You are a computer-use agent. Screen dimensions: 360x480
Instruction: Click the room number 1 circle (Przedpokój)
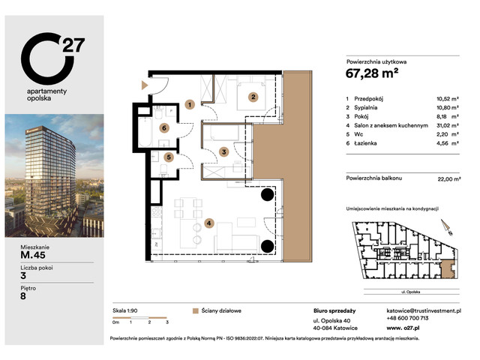pos(191,105)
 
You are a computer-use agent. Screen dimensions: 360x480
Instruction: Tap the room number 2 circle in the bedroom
pos(253,96)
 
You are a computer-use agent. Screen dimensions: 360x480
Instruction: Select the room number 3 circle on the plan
pos(223,152)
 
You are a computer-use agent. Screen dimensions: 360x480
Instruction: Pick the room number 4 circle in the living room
pos(210,223)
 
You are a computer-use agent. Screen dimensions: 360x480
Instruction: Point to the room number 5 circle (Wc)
pos(169,157)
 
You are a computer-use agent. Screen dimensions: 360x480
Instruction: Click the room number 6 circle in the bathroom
pos(164,128)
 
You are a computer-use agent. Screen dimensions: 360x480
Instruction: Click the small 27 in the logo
pos(73,43)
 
